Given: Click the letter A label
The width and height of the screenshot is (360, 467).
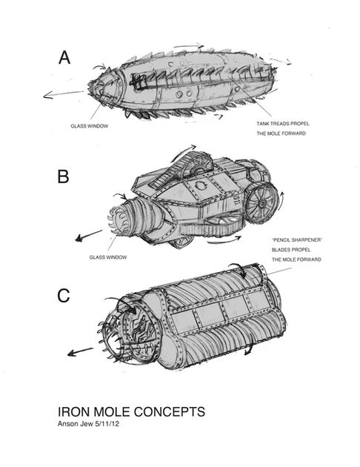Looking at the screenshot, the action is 64,58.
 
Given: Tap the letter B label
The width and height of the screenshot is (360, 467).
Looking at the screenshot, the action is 63,176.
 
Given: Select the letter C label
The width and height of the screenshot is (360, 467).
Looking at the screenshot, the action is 64,296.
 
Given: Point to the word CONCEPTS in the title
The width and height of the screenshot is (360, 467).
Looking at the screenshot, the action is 170,411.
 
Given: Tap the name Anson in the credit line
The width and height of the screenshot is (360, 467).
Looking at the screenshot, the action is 68,424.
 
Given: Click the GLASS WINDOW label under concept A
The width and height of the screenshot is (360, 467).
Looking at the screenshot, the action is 89,126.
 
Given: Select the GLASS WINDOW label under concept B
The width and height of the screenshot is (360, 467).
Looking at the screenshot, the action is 108,257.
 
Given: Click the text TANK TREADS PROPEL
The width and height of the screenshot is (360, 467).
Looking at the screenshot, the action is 283,124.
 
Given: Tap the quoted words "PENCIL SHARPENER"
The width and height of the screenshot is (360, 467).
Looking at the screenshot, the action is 297,239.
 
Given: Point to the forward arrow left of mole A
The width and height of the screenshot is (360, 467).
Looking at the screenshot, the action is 64,94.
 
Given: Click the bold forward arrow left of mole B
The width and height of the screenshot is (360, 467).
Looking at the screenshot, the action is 88,236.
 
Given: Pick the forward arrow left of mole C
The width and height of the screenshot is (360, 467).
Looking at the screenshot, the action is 80,352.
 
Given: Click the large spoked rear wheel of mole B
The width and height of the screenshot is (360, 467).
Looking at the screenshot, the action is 261,203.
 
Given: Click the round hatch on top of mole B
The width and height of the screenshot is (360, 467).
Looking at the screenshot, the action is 200,185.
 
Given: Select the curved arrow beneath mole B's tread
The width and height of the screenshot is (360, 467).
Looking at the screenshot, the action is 224,241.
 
